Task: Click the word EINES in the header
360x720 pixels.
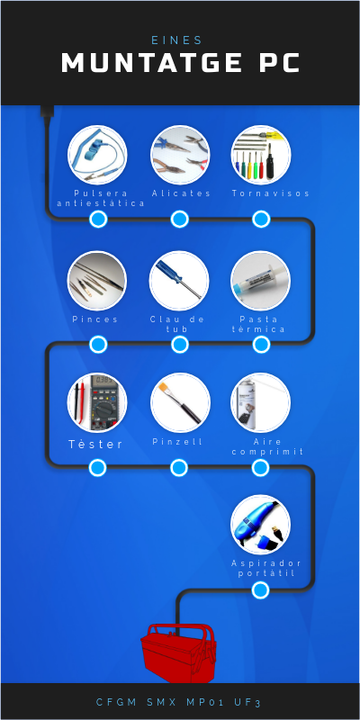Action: click(177, 40)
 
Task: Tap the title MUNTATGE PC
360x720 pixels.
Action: click(181, 63)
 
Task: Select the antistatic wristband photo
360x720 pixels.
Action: click(97, 155)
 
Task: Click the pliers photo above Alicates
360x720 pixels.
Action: click(180, 155)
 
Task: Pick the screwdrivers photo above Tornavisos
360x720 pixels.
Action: click(261, 155)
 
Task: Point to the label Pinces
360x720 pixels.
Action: click(95, 319)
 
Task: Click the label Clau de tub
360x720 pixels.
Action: click(177, 324)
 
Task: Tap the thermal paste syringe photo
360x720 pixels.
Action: click(261, 281)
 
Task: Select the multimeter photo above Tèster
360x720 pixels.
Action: click(97, 402)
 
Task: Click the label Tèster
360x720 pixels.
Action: click(96, 444)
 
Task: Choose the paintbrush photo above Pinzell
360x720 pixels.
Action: click(180, 402)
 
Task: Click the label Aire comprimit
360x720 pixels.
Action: click(267, 446)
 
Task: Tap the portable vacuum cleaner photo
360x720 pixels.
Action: click(261, 525)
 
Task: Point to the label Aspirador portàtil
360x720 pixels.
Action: click(266, 569)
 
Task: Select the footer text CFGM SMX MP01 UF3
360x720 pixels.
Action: click(178, 702)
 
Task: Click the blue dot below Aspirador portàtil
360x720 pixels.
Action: click(260, 590)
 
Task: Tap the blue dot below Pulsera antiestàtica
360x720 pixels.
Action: click(98, 219)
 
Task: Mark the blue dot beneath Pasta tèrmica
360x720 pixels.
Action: click(261, 345)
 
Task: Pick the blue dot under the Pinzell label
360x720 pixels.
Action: click(179, 468)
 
